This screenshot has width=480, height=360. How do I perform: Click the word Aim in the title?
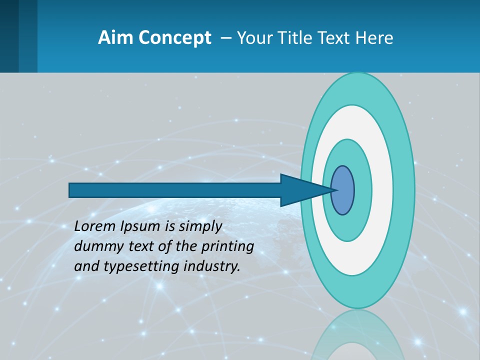(x=112, y=38)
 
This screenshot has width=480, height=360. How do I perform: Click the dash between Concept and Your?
(x=225, y=38)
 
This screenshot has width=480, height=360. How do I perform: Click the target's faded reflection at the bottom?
(x=357, y=335)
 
